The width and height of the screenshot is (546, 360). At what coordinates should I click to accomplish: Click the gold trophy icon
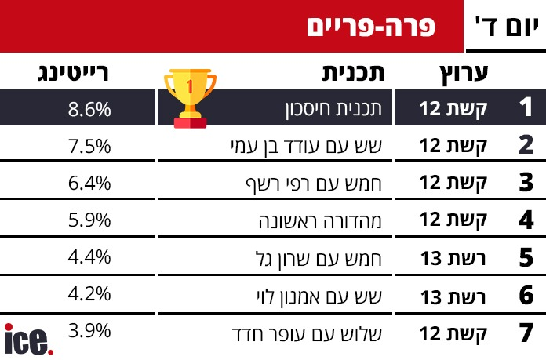tap(190, 98)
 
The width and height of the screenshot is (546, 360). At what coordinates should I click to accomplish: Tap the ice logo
tap(29, 339)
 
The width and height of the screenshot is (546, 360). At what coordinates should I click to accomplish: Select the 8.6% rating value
tap(89, 109)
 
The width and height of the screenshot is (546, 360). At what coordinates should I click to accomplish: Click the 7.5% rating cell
tap(89, 146)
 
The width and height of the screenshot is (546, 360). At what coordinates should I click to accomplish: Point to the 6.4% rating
tap(89, 183)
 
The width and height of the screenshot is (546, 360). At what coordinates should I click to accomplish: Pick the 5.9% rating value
tap(89, 220)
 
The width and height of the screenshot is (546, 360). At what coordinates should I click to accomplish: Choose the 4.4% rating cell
tap(89, 257)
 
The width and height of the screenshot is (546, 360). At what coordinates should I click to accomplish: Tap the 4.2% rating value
tap(89, 294)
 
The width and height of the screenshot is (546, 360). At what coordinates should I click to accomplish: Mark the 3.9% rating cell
tap(89, 330)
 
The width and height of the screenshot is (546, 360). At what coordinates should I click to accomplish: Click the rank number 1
tap(526, 107)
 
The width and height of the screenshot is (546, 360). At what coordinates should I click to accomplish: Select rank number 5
tap(526, 257)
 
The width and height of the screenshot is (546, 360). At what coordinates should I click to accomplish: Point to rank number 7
tap(526, 333)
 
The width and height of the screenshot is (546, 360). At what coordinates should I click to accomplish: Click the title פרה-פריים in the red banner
tap(371, 27)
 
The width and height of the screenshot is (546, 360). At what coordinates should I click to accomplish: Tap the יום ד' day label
tap(506, 26)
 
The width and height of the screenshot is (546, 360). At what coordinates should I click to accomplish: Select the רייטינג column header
tap(73, 73)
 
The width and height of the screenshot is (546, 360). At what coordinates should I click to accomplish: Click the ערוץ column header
tap(464, 74)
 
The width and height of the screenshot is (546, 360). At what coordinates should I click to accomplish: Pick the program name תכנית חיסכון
tap(333, 109)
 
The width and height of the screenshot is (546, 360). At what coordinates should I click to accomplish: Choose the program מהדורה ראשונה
tap(320, 220)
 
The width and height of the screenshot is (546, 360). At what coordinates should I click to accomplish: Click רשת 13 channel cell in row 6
tap(453, 297)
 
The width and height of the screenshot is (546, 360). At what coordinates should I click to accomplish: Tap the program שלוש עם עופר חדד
tap(307, 334)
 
